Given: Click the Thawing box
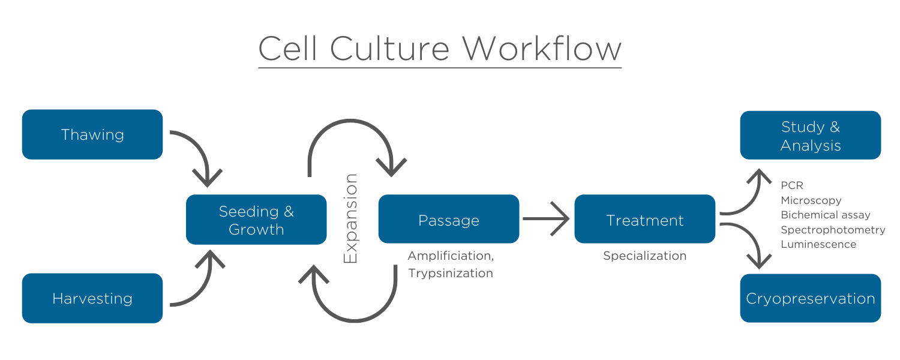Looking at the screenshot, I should [92, 134].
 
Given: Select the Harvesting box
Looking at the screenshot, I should [92, 298].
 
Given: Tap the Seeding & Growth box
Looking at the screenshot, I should [256, 220].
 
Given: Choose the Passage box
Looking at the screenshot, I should [449, 220].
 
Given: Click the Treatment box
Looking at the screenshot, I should [645, 220].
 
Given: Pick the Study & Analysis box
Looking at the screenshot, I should [811, 136].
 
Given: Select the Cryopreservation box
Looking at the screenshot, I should [811, 298].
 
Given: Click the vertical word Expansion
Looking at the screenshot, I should [350, 218].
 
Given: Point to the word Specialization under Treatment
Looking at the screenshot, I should [645, 256].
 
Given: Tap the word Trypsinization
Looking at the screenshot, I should [451, 274].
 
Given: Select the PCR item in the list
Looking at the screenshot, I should [791, 185].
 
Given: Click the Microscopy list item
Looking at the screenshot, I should [811, 200].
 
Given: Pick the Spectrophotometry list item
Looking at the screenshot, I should [833, 230].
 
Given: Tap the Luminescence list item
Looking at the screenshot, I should [818, 244].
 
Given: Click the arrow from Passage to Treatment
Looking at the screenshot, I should [546, 219].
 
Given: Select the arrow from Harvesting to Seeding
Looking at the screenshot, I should [200, 285].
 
